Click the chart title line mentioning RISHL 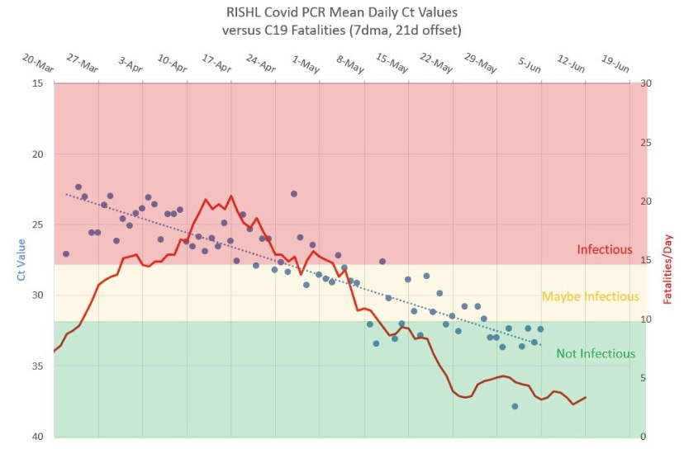coord(341,12)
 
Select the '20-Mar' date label coord(39,64)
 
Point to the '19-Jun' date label coord(615,64)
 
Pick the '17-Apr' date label coord(216,64)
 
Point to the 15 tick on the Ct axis coord(38,83)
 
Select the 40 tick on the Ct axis coord(38,437)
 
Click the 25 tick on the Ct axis coord(38,224)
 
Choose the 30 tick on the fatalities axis coord(646,83)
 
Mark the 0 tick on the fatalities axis coord(643,437)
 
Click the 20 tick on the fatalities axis coord(646,201)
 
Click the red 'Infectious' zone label coord(604,249)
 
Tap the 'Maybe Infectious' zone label coord(590,296)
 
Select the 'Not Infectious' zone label coord(595,353)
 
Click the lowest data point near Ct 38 coord(515,406)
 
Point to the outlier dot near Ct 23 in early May coord(293,193)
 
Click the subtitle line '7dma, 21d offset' coord(341,30)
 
